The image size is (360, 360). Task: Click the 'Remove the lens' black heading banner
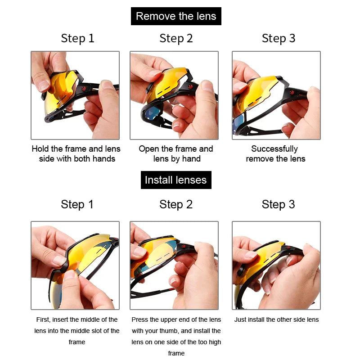point(176,16)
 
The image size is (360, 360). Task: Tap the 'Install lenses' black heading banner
point(176,180)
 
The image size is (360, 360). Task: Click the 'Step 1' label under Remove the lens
point(77,38)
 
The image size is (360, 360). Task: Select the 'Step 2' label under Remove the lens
point(176,38)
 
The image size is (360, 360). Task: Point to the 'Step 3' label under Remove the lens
point(279,38)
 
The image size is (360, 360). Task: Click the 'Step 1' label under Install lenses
point(77,204)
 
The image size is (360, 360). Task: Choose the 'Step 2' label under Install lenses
point(176,204)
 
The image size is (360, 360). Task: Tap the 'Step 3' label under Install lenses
point(278,204)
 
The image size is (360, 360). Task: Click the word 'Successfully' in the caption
point(274,149)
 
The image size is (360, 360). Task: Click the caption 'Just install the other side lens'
point(276,319)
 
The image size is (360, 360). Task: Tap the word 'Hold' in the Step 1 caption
point(40,149)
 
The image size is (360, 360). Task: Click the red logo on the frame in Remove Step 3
point(292,93)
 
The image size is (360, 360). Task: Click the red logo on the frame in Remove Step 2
point(190,86)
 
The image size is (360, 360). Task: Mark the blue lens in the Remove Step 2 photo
point(151,113)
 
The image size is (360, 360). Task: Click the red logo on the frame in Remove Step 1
point(84,89)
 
